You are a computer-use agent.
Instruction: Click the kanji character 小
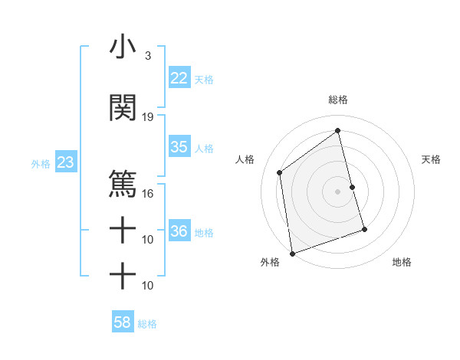[x=123, y=47]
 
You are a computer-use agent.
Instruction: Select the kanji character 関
[x=123, y=108]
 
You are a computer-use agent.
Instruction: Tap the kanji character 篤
[x=123, y=184]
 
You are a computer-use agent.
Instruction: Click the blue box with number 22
[x=179, y=77]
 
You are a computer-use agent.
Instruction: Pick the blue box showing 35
[x=179, y=147]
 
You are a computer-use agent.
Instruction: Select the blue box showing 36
[x=179, y=231]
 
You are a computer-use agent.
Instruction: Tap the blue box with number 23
[x=65, y=162]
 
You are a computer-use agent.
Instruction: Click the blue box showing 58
[x=123, y=322]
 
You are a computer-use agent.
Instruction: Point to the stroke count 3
[x=147, y=56]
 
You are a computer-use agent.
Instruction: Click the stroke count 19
[x=148, y=117]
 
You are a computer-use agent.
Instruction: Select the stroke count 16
[x=148, y=193]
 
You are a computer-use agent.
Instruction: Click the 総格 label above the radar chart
[x=337, y=100]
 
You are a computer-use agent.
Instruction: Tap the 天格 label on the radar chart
[x=431, y=159]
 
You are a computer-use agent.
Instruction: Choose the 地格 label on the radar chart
[x=402, y=262]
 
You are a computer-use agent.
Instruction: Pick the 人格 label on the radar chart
[x=245, y=159]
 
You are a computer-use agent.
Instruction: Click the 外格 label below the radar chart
[x=270, y=262]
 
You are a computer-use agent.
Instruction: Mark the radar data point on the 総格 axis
[x=337, y=131]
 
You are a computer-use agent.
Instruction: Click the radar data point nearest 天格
[x=352, y=187]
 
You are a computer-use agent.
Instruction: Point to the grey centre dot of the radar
[x=337, y=191]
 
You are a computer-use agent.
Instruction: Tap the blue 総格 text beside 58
[x=147, y=324]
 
